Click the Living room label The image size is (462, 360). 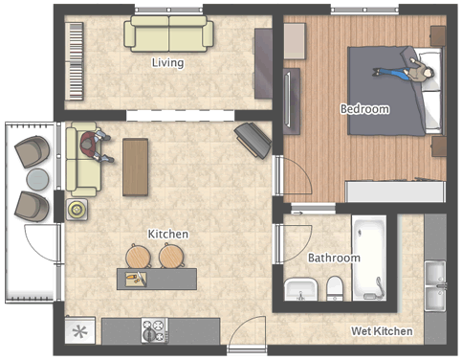167,62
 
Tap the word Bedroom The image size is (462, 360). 364,109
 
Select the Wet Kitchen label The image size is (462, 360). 382,331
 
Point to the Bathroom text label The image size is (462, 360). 334,258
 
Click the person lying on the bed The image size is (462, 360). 405,73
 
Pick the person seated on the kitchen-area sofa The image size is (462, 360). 95,146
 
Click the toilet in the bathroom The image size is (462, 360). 335,288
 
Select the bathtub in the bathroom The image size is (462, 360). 369,258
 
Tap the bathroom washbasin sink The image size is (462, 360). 300,289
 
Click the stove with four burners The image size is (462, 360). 155,330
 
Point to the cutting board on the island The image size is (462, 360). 136,279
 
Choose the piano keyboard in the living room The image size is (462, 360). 75,61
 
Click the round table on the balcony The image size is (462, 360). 37,179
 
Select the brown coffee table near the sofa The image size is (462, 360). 135,167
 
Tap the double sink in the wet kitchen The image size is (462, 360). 435,285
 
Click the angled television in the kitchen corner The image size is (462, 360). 253,141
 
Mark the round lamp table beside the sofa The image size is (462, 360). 77,210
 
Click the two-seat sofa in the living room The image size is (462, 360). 168,34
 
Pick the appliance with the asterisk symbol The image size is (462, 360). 79,330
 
